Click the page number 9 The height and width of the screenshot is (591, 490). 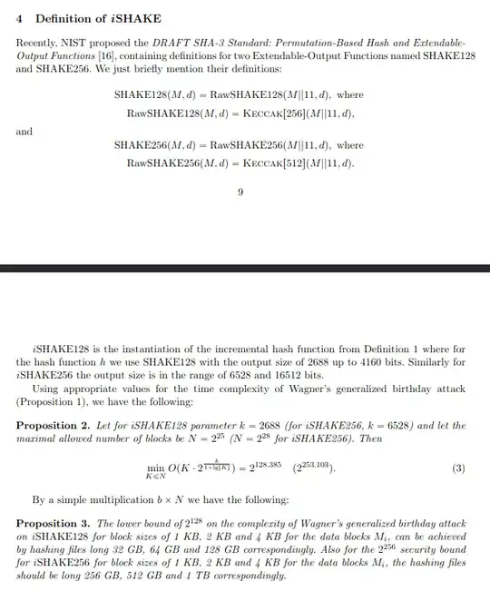click(x=240, y=192)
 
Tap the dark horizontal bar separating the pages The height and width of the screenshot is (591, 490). click(x=245, y=269)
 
